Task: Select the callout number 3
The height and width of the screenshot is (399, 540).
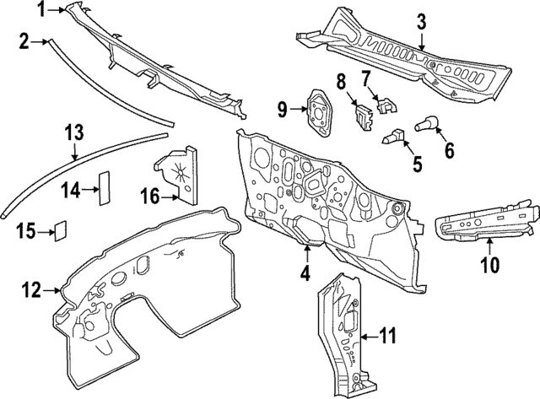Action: [422, 22]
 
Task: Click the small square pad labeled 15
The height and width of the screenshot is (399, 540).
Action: [61, 230]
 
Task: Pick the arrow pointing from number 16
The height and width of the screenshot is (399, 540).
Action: [169, 197]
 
